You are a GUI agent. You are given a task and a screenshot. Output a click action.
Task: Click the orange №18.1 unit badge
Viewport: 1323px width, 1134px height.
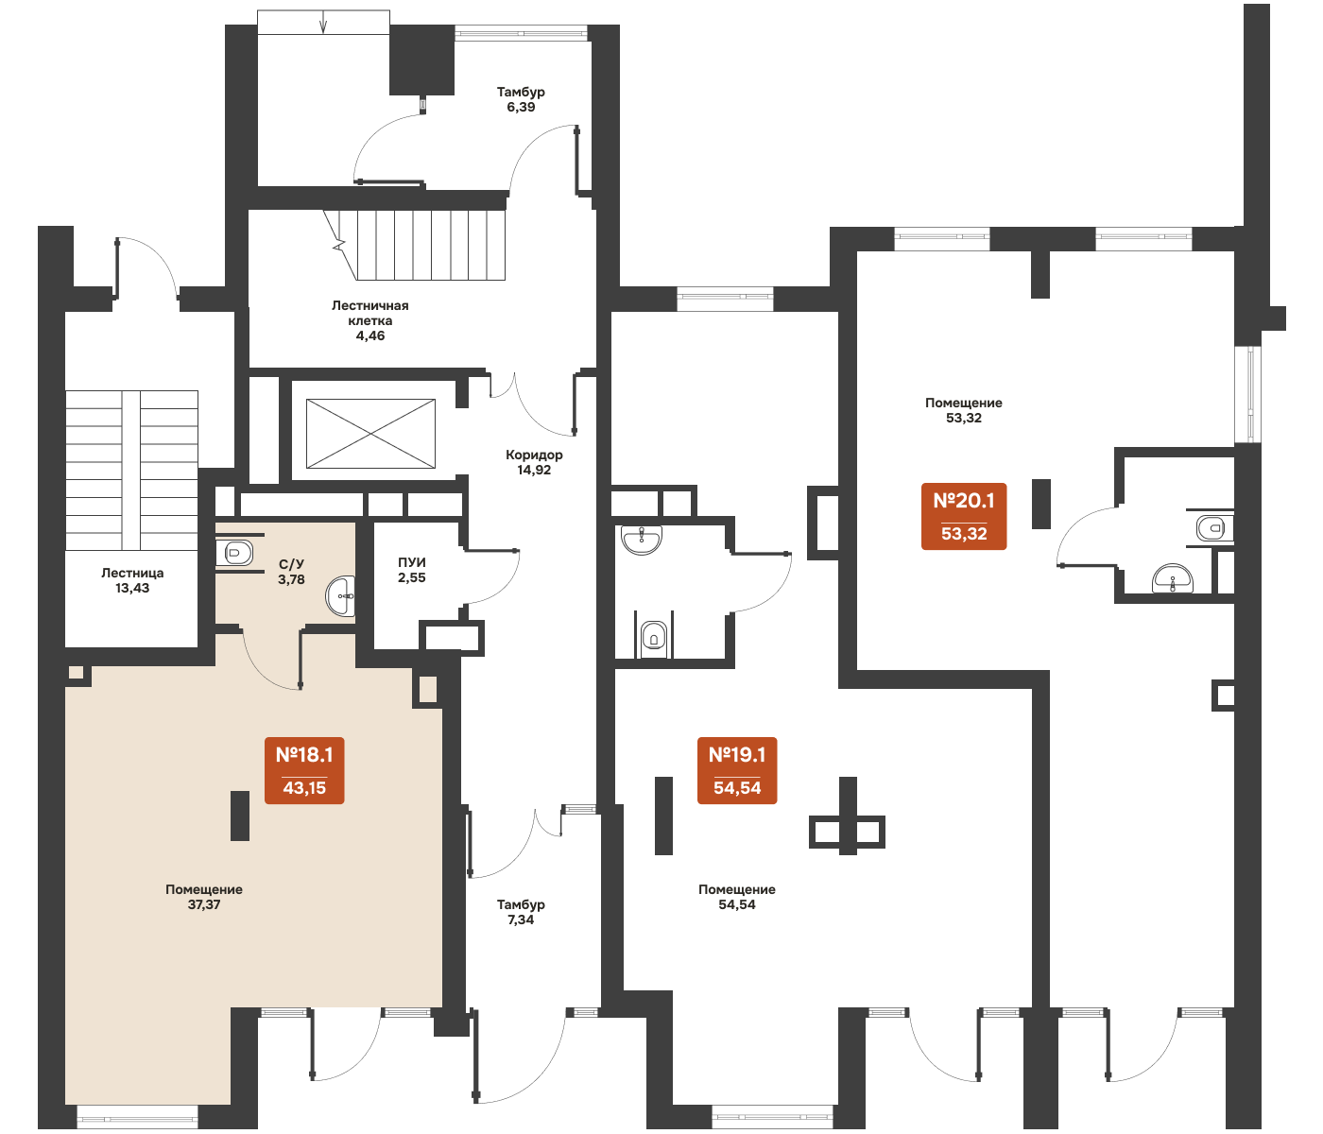pyautogui.click(x=304, y=770)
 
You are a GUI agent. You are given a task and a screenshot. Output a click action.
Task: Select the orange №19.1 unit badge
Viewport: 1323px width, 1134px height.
pyautogui.click(x=737, y=770)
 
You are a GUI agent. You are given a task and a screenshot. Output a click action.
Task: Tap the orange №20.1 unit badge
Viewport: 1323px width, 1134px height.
pyautogui.click(x=963, y=517)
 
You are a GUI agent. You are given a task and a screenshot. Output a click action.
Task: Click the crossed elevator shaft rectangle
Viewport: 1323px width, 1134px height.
pyautogui.click(x=370, y=434)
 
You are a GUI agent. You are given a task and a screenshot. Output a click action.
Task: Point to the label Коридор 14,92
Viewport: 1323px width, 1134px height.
pyautogui.click(x=534, y=462)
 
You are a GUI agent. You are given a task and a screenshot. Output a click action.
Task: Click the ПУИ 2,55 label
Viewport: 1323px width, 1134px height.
pyautogui.click(x=412, y=570)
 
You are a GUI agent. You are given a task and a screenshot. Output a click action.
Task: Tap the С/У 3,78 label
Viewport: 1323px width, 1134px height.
pyautogui.click(x=291, y=572)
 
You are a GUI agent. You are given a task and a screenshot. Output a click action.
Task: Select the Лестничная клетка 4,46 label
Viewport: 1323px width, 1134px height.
pyautogui.click(x=369, y=320)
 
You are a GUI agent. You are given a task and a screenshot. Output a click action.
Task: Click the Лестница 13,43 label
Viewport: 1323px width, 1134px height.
pyautogui.click(x=132, y=580)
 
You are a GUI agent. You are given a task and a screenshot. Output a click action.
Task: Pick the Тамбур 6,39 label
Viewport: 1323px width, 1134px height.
pyautogui.click(x=521, y=99)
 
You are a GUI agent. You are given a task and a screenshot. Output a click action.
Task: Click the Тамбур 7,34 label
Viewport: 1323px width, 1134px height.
pyautogui.click(x=521, y=911)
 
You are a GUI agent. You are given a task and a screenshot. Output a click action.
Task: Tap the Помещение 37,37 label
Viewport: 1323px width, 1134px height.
pyautogui.click(x=204, y=897)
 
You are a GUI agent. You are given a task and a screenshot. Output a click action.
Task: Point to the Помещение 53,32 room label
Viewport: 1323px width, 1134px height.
pyautogui.click(x=963, y=410)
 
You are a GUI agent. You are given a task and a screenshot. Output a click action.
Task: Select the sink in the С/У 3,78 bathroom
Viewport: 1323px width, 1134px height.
pyautogui.click(x=340, y=595)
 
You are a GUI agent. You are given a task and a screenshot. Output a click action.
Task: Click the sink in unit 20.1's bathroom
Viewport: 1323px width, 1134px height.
pyautogui.click(x=1173, y=578)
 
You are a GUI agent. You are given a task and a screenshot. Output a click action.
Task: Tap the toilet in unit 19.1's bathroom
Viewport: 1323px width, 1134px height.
pyautogui.click(x=654, y=637)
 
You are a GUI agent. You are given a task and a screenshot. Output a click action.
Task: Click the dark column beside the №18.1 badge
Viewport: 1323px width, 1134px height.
pyautogui.click(x=240, y=816)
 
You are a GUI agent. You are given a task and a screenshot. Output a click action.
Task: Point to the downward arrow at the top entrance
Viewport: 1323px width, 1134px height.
pyautogui.click(x=323, y=22)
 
